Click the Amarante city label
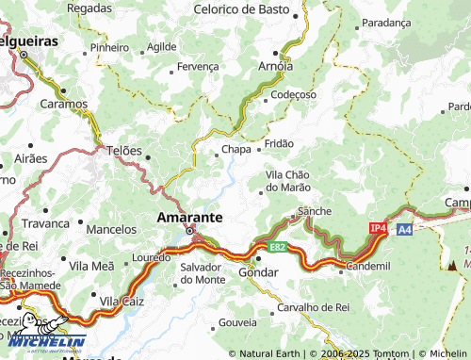click(189, 217)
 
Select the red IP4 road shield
click(378, 228)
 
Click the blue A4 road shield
click(403, 229)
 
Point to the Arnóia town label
click(275, 66)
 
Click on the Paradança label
click(386, 22)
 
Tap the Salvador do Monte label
click(203, 273)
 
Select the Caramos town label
click(63, 103)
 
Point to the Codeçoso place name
click(293, 95)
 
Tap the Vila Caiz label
click(120, 301)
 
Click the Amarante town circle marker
click(189, 231)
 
